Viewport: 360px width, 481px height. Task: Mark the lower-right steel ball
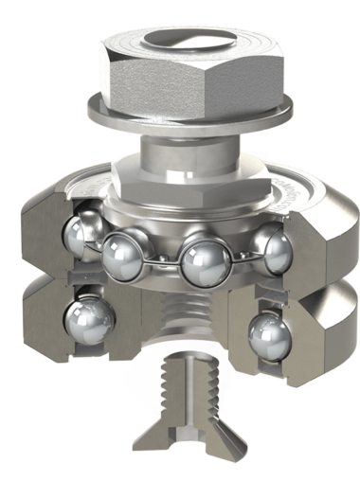pos(268,335)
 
